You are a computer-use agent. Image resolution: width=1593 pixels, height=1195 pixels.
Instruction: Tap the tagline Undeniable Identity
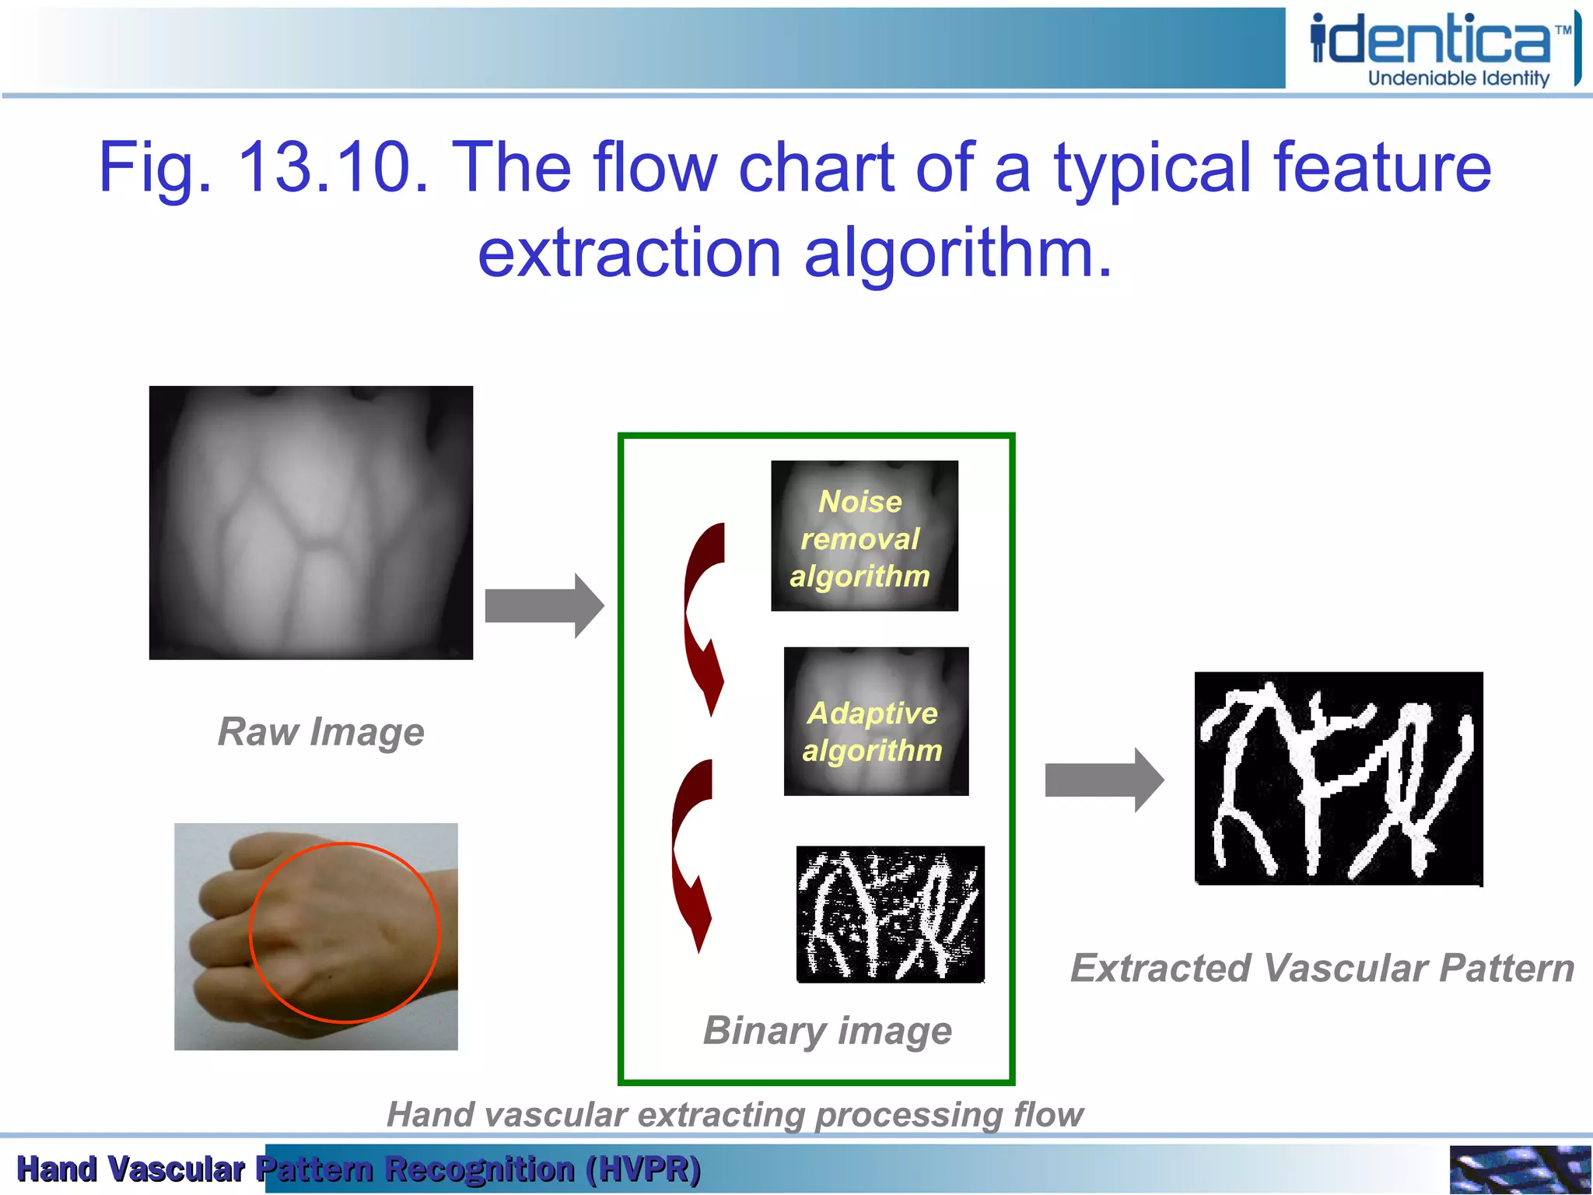tap(1458, 78)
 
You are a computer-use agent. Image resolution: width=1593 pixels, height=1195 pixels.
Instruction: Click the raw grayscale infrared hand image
tap(311, 523)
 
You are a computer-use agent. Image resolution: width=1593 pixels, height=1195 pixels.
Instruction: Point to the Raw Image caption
tap(320, 731)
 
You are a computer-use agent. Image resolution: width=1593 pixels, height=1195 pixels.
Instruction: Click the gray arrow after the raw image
tap(544, 605)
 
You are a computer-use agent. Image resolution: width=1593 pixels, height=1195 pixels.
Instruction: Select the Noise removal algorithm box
tap(864, 536)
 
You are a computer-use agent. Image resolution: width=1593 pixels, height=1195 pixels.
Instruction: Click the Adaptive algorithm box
tap(876, 721)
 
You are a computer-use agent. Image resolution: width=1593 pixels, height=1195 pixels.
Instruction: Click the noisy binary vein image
tap(890, 914)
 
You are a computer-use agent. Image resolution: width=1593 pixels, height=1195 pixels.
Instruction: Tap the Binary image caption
tap(827, 1030)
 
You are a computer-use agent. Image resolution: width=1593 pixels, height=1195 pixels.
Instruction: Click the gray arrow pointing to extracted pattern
tap(1104, 780)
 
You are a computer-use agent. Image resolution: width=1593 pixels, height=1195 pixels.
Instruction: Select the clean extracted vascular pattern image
tap(1338, 778)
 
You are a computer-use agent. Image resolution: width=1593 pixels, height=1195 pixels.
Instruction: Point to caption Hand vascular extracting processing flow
tap(734, 1114)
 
